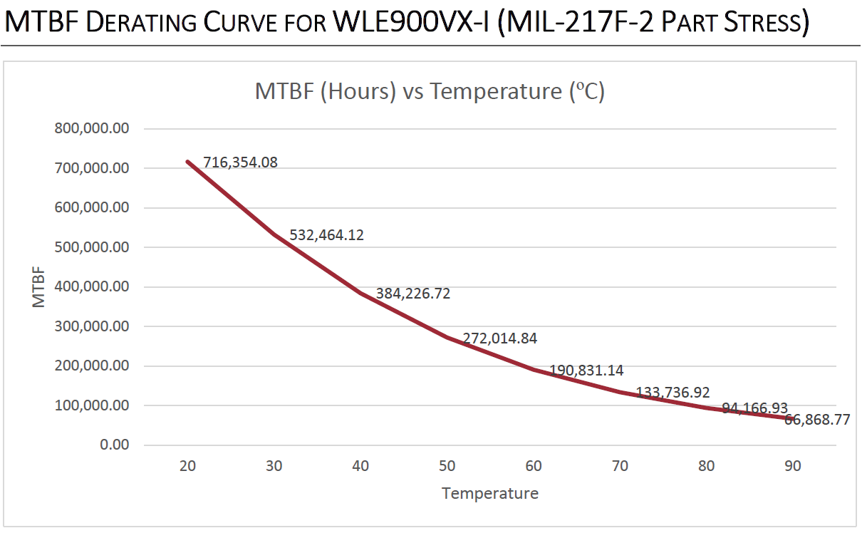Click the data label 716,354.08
point(240,162)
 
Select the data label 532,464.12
point(327,234)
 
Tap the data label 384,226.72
point(413,293)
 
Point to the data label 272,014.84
point(500,338)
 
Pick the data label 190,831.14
point(586,371)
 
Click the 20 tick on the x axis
point(188,466)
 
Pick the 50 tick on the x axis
point(447,466)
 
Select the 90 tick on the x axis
point(793,466)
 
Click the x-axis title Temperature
point(490,493)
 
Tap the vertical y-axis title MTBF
point(38,287)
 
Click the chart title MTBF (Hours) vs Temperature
point(430,92)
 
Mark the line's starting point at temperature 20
point(188,162)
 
